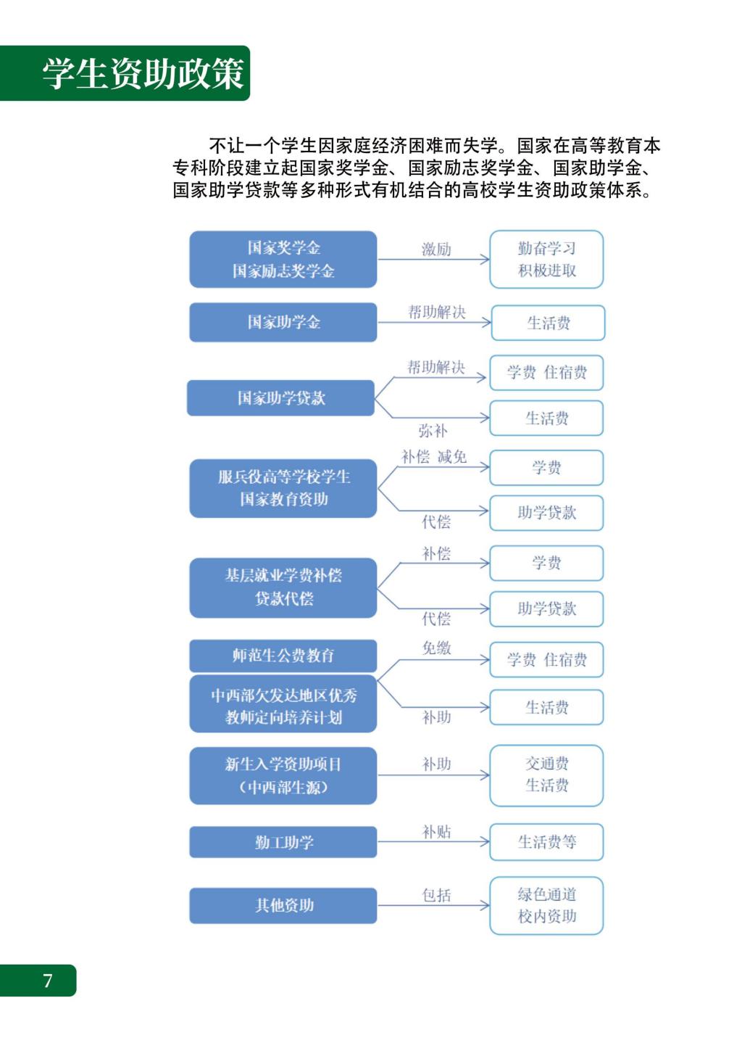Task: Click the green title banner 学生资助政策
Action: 125,73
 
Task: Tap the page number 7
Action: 47,980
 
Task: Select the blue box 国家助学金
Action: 283,322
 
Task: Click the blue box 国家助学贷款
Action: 280,398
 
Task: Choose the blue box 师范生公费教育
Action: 283,656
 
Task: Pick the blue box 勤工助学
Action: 283,842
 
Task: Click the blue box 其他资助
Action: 283,905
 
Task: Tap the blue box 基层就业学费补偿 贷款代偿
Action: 283,587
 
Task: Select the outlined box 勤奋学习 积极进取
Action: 546,259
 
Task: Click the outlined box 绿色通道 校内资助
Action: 546,905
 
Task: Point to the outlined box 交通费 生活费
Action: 546,775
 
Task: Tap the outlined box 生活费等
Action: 546,842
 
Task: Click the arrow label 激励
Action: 436,249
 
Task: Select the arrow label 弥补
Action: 433,430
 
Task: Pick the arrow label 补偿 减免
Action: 434,457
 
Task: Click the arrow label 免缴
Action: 436,648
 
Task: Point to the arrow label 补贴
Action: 436,831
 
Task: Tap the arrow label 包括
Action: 436,894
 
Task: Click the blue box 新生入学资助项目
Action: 283,776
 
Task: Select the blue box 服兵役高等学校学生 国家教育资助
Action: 283,488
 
